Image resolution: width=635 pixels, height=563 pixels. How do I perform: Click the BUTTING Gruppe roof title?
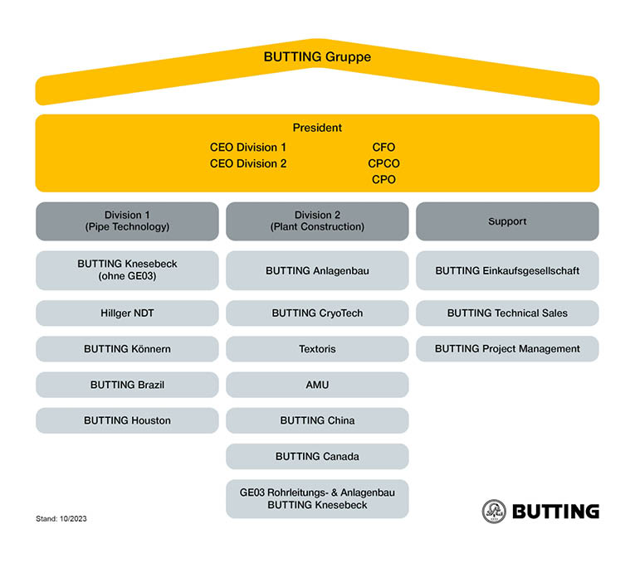(x=317, y=56)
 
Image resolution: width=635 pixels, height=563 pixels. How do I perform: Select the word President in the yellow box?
(x=317, y=128)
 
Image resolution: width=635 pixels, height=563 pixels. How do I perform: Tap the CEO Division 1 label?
(x=248, y=148)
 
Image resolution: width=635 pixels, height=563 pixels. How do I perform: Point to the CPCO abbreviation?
(x=383, y=163)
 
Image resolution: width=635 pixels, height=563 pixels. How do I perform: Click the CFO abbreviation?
(x=383, y=148)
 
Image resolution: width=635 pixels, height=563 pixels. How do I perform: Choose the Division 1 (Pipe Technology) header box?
(x=127, y=221)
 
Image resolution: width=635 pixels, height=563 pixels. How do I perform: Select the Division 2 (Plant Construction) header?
(x=317, y=221)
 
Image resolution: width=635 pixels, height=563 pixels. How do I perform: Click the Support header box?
(x=507, y=221)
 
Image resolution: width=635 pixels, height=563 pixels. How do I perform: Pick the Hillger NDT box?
(x=127, y=313)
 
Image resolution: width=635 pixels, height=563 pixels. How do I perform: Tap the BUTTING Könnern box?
(x=127, y=348)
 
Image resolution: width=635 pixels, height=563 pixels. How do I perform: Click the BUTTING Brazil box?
(x=127, y=385)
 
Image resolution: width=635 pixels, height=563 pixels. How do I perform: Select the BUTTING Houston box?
(x=127, y=420)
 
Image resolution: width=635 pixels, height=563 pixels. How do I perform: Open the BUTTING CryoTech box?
(x=317, y=313)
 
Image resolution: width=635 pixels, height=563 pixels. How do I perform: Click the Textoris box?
(x=317, y=348)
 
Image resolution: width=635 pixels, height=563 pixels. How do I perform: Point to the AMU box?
(x=317, y=385)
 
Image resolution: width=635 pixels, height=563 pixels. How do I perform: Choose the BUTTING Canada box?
(x=317, y=456)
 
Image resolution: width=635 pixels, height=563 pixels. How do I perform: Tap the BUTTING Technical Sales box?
(x=507, y=313)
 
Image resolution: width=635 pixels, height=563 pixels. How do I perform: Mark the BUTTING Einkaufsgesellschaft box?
(x=507, y=270)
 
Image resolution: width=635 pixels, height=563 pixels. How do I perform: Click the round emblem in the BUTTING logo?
(x=494, y=512)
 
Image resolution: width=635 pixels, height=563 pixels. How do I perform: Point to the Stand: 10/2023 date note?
(x=61, y=519)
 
